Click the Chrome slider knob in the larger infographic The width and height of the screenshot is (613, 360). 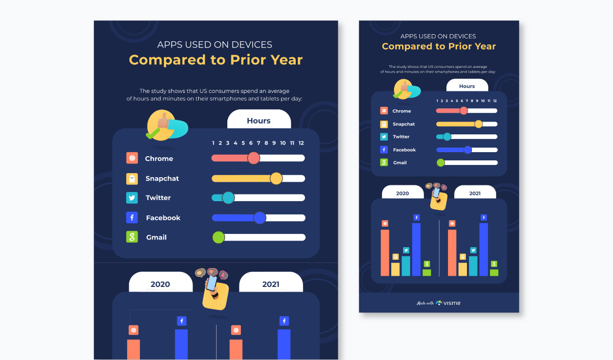253,158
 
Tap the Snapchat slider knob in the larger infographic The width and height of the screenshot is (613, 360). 276,178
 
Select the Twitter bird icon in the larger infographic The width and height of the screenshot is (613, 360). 132,198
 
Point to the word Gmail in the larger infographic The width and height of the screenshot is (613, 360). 156,237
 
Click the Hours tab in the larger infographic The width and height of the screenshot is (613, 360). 258,121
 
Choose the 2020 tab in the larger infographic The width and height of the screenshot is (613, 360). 160,284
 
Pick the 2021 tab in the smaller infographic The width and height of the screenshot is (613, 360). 475,194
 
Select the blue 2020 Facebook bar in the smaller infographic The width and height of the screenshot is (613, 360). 416,249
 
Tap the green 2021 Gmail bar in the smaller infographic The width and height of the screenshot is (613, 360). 494,273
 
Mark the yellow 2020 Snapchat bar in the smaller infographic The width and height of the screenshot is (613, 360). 395,269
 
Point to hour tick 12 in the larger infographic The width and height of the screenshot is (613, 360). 301,143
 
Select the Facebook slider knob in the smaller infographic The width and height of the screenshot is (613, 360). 467,150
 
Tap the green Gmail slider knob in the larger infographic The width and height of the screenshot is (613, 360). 219,237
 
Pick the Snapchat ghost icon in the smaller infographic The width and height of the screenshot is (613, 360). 384,124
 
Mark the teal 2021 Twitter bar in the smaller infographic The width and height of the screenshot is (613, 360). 473,266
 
